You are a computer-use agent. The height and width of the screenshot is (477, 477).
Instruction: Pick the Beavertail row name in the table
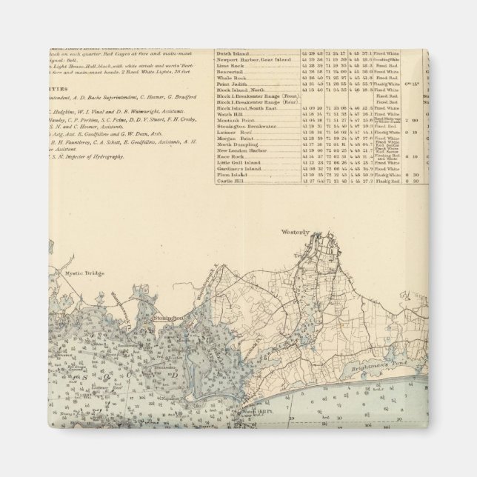(232, 71)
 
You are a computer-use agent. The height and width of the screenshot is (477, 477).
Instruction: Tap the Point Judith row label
(232, 83)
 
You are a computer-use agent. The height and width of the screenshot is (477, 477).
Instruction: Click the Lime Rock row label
(230, 65)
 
